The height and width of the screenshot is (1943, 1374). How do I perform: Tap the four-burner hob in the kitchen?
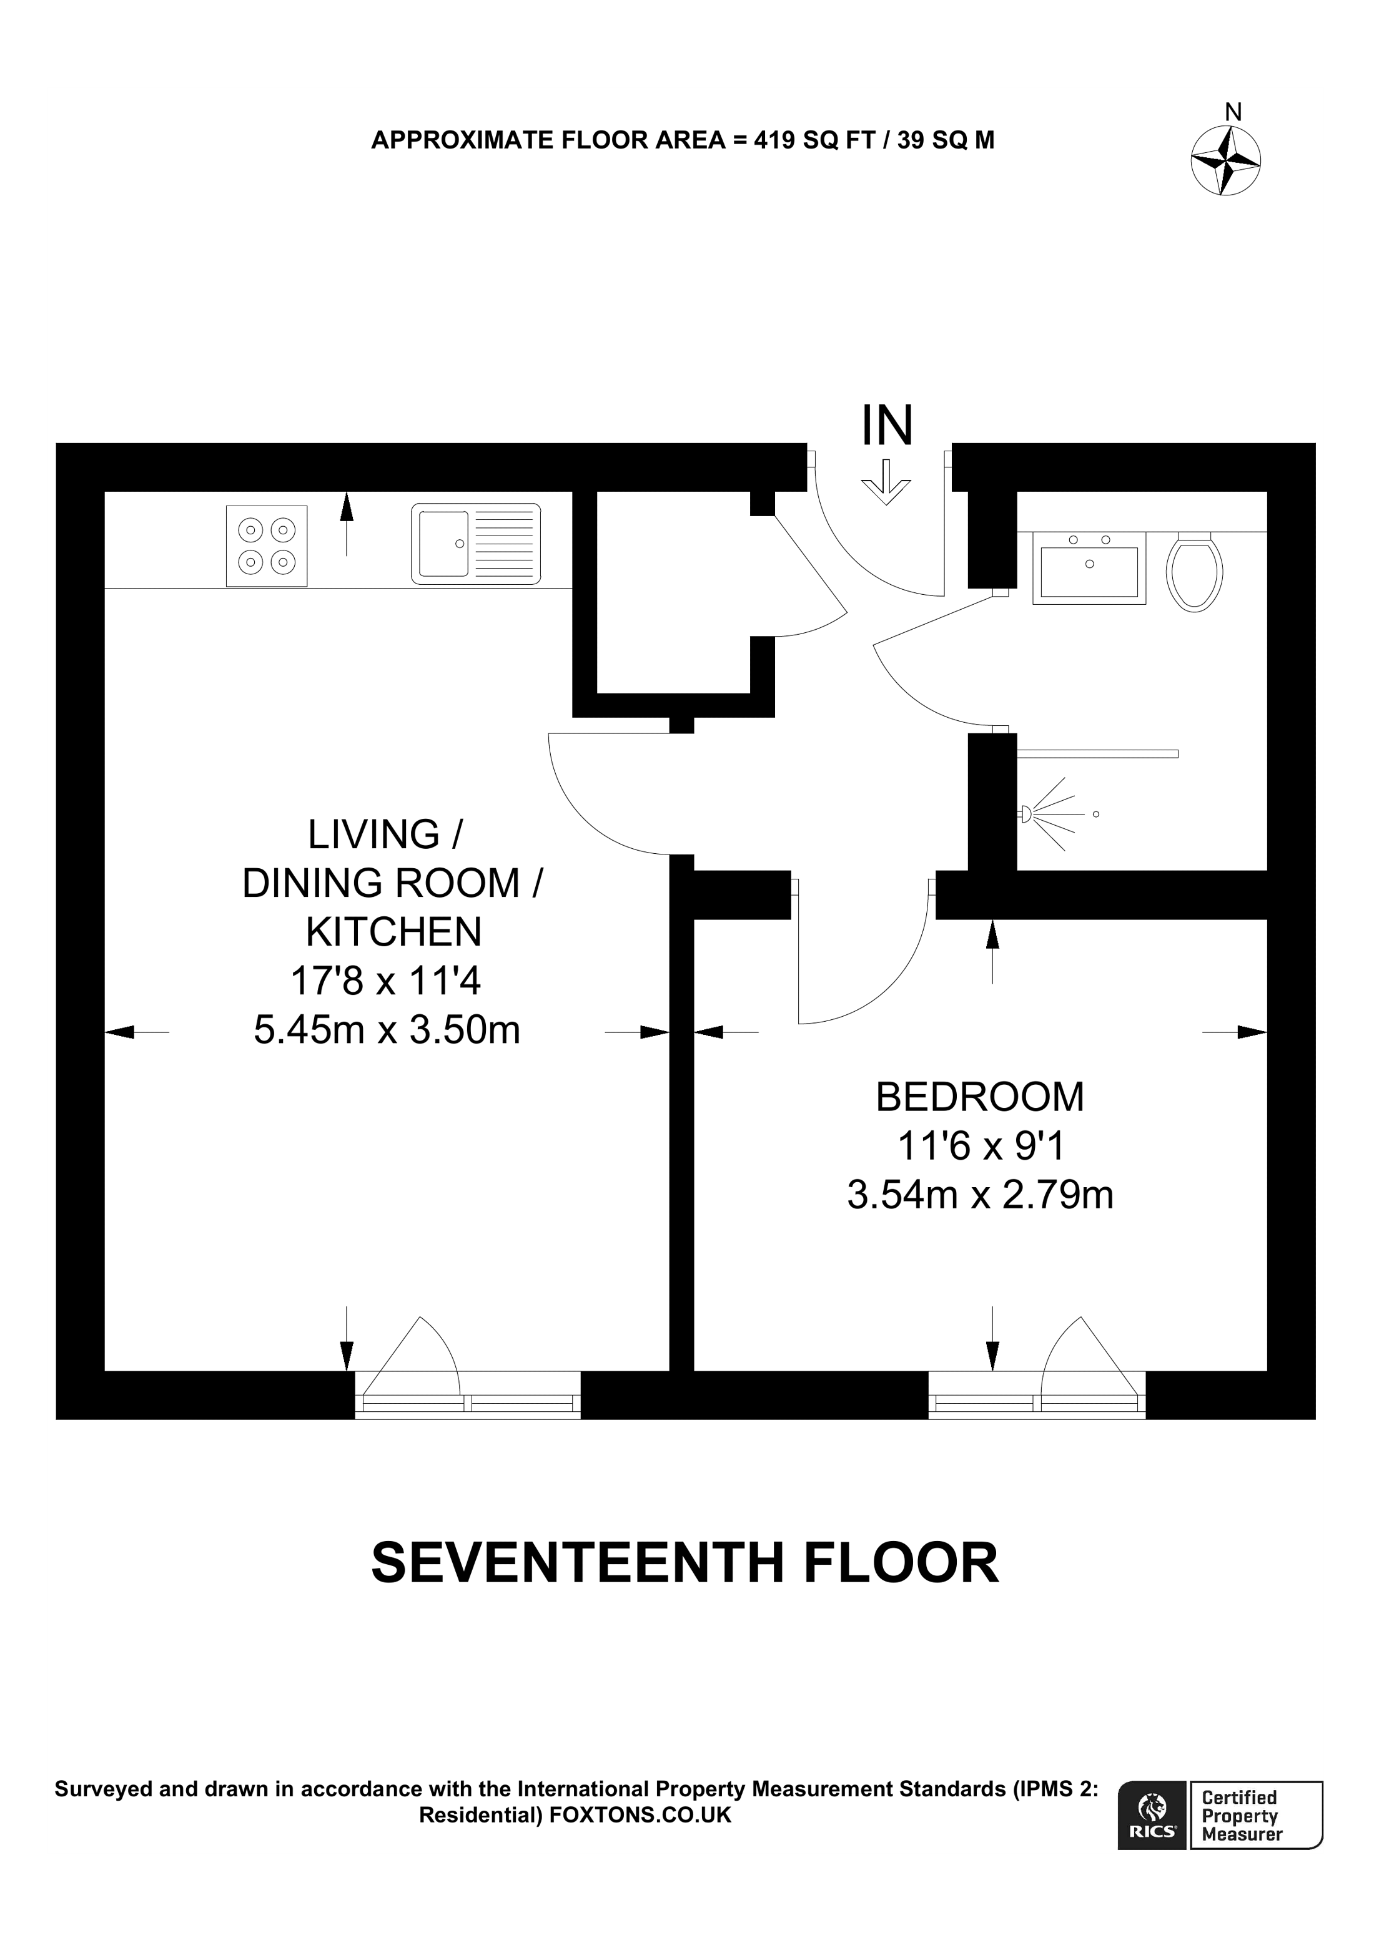point(267,546)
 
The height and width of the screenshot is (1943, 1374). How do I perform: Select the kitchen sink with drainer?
point(476,544)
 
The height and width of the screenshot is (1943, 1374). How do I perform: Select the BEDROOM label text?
point(979,1098)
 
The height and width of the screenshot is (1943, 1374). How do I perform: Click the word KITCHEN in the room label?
point(393,932)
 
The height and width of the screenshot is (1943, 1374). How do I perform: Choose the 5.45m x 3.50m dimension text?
point(387,1030)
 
